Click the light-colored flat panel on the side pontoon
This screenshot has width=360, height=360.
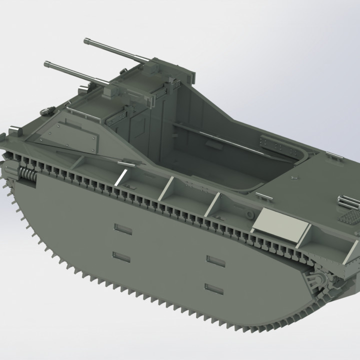(x=280, y=223)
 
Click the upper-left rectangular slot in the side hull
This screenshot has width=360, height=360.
(x=122, y=229)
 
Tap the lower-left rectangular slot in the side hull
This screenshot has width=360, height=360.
(x=121, y=257)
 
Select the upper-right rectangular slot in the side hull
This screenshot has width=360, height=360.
(x=215, y=260)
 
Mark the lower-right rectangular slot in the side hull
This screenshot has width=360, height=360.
(x=214, y=288)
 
